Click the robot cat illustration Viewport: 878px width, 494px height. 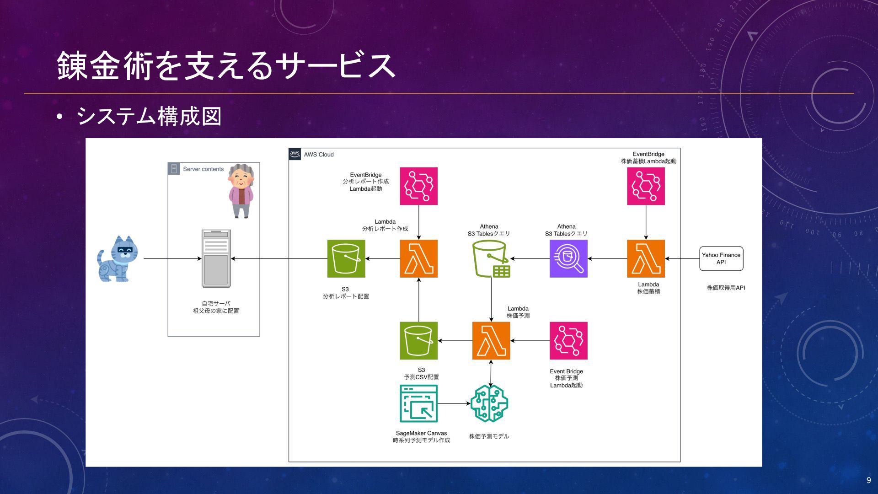[117, 259]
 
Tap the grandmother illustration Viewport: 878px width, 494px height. [241, 191]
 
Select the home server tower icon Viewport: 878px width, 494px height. [216, 258]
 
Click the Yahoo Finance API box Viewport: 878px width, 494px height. [721, 258]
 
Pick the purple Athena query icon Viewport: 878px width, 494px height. [568, 258]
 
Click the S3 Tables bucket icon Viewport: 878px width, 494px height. [491, 259]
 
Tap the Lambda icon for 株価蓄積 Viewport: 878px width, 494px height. [646, 258]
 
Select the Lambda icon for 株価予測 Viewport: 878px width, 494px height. [491, 341]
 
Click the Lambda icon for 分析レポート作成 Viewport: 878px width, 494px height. [418, 258]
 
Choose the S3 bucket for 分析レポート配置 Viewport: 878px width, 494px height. [346, 258]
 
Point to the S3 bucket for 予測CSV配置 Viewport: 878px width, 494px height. [418, 341]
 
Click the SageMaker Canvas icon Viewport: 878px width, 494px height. [418, 403]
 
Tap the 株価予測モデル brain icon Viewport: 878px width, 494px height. [489, 403]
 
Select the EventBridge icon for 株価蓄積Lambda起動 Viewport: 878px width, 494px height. [646, 186]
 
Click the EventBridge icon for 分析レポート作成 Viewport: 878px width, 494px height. [418, 186]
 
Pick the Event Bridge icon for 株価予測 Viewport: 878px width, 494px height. [568, 341]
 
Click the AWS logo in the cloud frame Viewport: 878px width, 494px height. [295, 154]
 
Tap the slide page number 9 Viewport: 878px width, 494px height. [868, 480]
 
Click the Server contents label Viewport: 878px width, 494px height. [203, 169]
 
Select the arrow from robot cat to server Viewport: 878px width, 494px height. [172, 258]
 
